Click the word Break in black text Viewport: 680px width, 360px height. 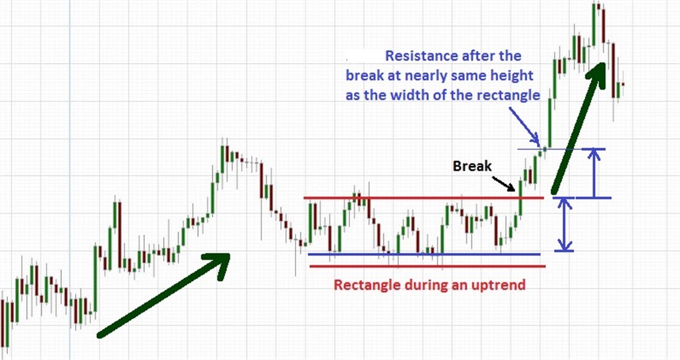point(472,165)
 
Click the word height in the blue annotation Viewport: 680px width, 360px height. point(512,76)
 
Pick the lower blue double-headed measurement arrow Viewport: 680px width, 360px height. point(564,225)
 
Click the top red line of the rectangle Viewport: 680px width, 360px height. point(423,198)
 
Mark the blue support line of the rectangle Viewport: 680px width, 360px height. point(424,254)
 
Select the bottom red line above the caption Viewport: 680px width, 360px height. point(428,266)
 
